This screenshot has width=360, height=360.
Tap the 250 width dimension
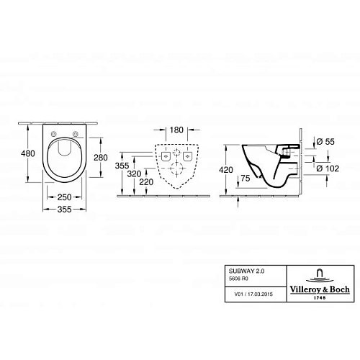tap(63, 197)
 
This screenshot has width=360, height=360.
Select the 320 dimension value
tap(133, 174)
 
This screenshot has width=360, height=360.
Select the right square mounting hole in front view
tap(187, 156)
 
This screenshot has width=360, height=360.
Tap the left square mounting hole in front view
tap(165, 156)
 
